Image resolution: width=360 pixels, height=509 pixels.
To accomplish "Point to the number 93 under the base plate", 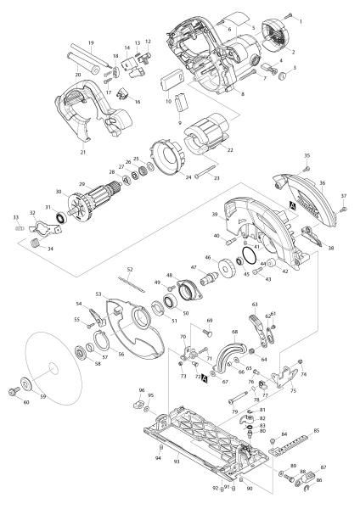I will (177, 461).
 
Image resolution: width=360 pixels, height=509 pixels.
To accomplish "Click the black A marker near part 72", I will (204, 381).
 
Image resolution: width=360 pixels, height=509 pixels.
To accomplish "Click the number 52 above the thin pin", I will (131, 269).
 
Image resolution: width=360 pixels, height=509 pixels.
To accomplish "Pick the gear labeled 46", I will (226, 275).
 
